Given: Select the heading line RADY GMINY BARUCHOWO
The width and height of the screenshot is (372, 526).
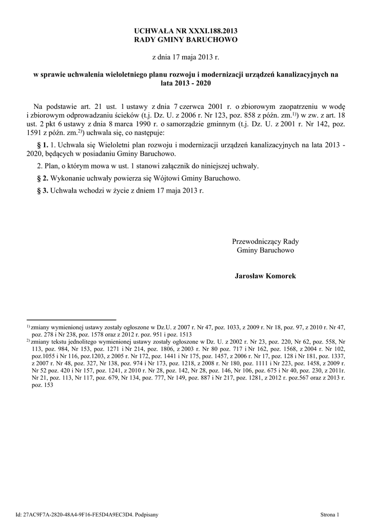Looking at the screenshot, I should tap(186, 40).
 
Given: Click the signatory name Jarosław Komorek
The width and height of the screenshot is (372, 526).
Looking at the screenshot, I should tap(265, 276).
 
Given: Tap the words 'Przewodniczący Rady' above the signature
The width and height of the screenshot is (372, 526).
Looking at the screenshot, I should tap(265, 241).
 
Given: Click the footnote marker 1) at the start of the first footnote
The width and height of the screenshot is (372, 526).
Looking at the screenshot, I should tap(28, 326).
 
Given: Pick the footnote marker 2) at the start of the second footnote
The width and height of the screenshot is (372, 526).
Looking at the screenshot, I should tap(28, 340).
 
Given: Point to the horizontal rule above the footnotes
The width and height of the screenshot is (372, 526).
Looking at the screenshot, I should tap(71, 320).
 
